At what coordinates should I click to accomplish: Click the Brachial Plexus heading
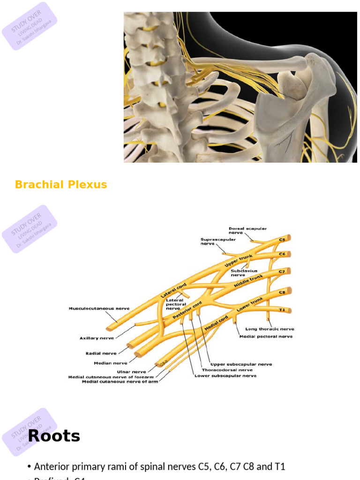61,185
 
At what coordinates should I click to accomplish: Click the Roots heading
54,436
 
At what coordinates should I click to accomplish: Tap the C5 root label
282,240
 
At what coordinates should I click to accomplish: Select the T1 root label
282,310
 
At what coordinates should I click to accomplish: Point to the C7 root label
282,271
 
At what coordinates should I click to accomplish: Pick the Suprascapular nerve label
218,241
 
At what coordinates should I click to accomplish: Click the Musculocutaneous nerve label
99,309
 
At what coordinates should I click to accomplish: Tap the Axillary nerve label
97,337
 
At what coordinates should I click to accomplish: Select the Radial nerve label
101,353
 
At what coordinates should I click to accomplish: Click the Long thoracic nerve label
270,329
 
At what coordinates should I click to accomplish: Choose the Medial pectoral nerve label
266,337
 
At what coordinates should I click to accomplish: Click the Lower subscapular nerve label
225,375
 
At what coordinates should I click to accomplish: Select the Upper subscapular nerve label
241,364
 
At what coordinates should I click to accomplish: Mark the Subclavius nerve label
244,273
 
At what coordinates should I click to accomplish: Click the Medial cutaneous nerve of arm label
120,382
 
